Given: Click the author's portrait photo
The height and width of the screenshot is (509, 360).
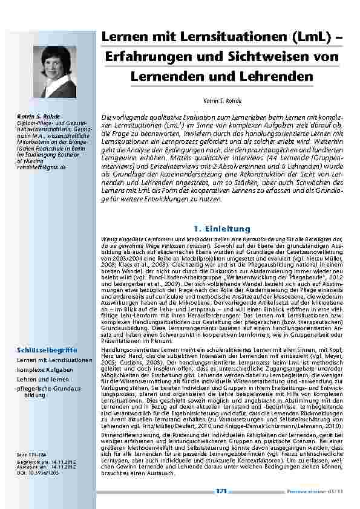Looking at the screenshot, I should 54,72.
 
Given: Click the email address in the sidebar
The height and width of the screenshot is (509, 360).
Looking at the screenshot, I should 42,167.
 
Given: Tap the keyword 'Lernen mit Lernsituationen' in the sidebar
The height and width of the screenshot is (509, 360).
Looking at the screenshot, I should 54,360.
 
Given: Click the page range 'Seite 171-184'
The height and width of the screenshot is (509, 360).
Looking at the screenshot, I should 30,453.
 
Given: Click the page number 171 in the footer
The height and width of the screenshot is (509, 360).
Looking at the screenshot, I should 221,492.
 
